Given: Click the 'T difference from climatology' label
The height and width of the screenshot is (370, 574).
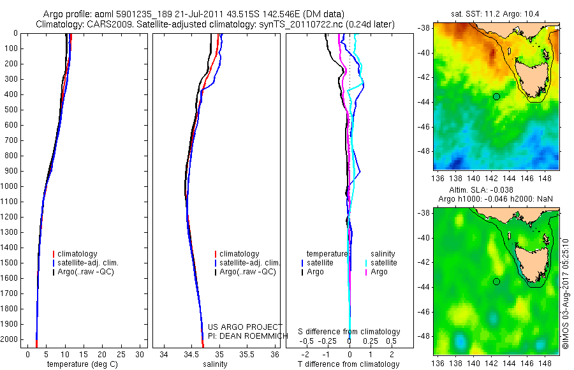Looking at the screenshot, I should (350, 364).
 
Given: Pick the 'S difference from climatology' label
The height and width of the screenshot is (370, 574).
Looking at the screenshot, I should (350, 332).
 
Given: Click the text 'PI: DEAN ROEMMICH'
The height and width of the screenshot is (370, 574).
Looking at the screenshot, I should (244, 336).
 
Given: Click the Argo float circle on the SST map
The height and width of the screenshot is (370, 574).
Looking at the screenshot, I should (496, 96).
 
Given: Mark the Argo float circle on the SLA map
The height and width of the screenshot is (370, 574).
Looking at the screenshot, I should (496, 281).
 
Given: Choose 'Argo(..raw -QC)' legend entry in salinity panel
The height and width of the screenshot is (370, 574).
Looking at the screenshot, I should (247, 272).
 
